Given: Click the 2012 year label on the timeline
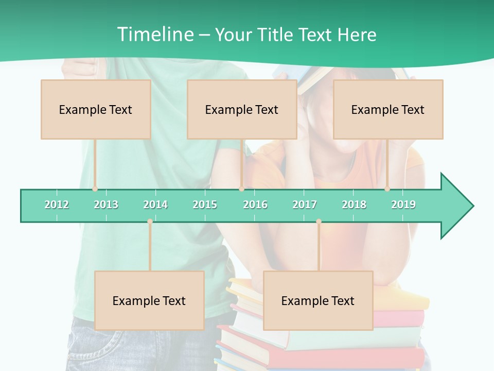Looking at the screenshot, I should (57, 205).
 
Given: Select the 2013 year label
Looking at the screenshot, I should (106, 205).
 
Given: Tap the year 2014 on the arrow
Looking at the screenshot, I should (155, 205).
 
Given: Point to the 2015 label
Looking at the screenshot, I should (205, 205).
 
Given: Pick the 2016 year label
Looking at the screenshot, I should (255, 205).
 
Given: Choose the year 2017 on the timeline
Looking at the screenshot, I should (305, 205).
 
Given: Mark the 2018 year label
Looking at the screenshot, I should (354, 205).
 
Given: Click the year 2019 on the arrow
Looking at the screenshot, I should (403, 205).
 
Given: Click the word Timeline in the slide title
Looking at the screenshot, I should (155, 35).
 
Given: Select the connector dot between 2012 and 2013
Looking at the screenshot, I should (95, 189).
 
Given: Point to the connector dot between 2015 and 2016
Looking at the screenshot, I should (241, 189).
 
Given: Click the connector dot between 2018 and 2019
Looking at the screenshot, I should (387, 189).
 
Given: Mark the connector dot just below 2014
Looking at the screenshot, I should (150, 222).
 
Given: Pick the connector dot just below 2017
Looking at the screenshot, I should (319, 222).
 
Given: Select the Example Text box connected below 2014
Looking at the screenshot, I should (149, 300).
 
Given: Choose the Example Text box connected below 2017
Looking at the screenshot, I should (318, 300).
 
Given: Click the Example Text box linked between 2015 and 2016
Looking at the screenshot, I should (242, 109).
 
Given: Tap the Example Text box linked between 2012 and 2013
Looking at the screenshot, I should (96, 109).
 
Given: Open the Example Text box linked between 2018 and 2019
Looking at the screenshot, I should (388, 109).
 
